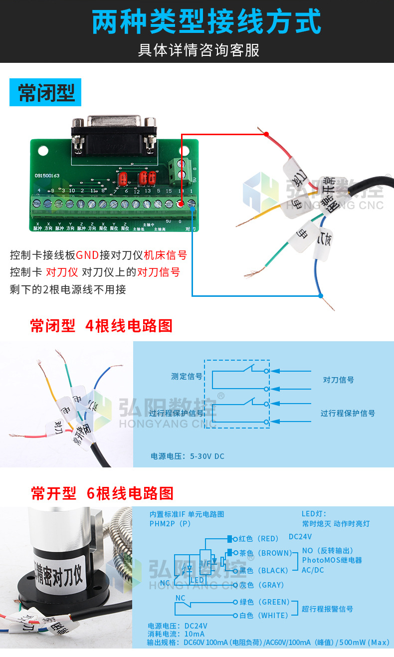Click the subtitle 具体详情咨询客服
click(198, 50)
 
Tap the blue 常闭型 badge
click(45, 93)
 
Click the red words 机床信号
click(165, 255)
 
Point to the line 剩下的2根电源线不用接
click(68, 289)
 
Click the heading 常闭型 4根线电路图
click(101, 326)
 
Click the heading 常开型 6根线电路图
click(102, 493)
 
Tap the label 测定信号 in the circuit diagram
click(187, 377)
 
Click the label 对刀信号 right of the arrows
click(339, 380)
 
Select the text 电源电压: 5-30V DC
click(188, 456)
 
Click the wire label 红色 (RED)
click(258, 539)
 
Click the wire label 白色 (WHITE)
click(263, 616)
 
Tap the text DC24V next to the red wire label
click(300, 537)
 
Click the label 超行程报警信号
click(327, 609)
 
